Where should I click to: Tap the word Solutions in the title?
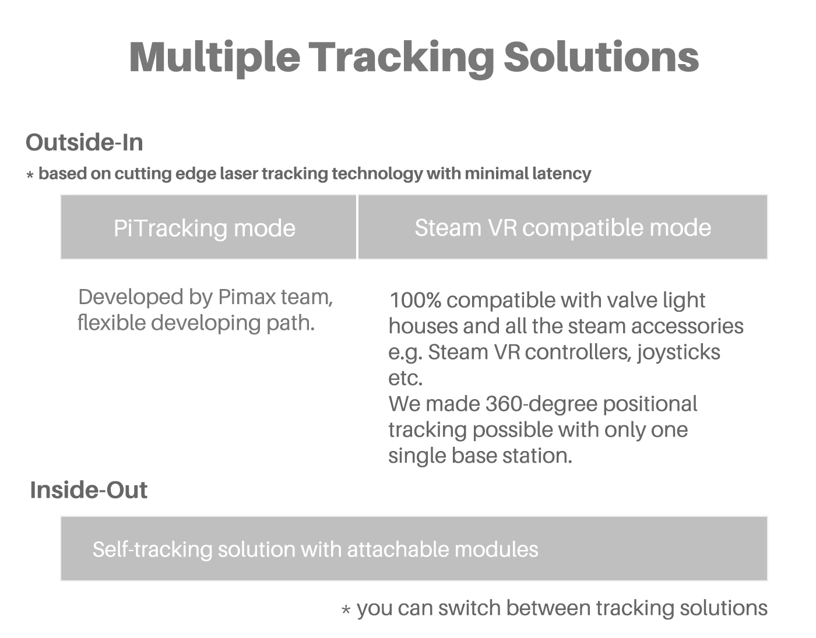(x=601, y=57)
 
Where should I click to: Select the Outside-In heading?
(x=84, y=143)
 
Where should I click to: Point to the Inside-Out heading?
(x=89, y=490)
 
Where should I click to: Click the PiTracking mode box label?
(x=205, y=228)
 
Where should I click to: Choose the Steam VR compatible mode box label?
(x=562, y=227)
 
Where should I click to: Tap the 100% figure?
(x=415, y=300)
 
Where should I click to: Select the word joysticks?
(x=678, y=353)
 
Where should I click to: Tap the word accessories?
(x=687, y=326)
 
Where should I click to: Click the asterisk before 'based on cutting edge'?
(x=30, y=174)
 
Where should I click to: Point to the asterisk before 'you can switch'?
(x=346, y=609)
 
